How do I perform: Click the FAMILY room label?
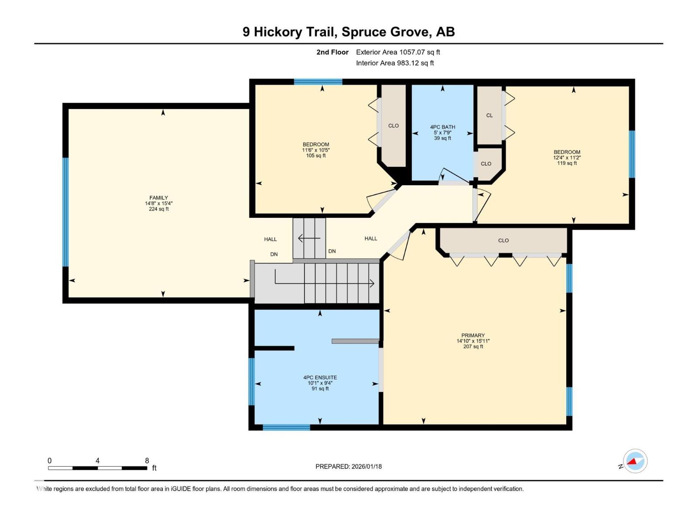[158, 198]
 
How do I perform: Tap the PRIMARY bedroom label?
[473, 336]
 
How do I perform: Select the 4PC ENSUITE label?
[320, 377]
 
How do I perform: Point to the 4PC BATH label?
[442, 127]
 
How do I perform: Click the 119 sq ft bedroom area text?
[567, 163]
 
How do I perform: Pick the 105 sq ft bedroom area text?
[316, 156]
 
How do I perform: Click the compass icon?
[635, 461]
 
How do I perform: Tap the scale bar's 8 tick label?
[147, 461]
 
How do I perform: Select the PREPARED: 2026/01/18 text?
[349, 466]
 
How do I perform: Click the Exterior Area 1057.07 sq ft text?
[398, 52]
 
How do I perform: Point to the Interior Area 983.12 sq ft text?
[395, 63]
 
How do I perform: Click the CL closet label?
[489, 115]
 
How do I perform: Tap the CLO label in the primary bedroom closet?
[503, 241]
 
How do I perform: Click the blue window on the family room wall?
[65, 212]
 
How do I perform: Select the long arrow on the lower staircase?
[325, 283]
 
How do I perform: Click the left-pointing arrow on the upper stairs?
[309, 238]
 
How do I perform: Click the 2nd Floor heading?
[332, 52]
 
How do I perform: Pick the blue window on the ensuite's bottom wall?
[286, 427]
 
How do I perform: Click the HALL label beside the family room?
[270, 239]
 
